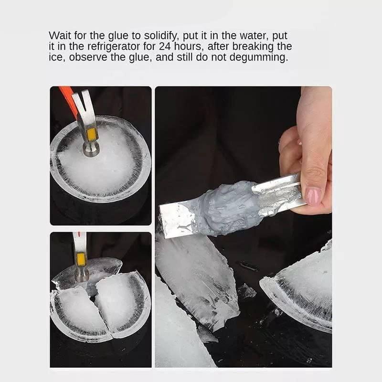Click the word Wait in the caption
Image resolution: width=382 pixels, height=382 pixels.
(x=59, y=36)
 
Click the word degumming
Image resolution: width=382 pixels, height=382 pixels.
(x=262, y=58)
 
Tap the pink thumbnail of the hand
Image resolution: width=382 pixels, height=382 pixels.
(x=313, y=195)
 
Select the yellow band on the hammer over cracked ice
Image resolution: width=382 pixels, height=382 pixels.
(x=81, y=259)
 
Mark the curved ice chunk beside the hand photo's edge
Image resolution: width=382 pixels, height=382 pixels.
(x=301, y=291)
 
